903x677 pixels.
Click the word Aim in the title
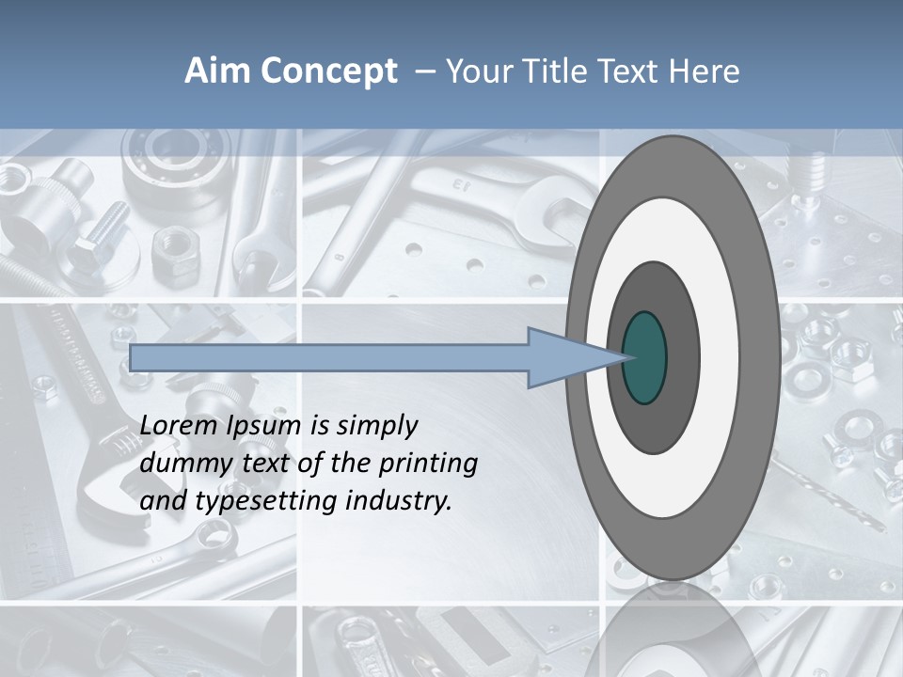[x=214, y=71]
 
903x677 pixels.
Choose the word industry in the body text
[x=399, y=501]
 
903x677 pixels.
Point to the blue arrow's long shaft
[x=329, y=358]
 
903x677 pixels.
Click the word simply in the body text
[x=376, y=427]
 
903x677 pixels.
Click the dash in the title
[x=424, y=72]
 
